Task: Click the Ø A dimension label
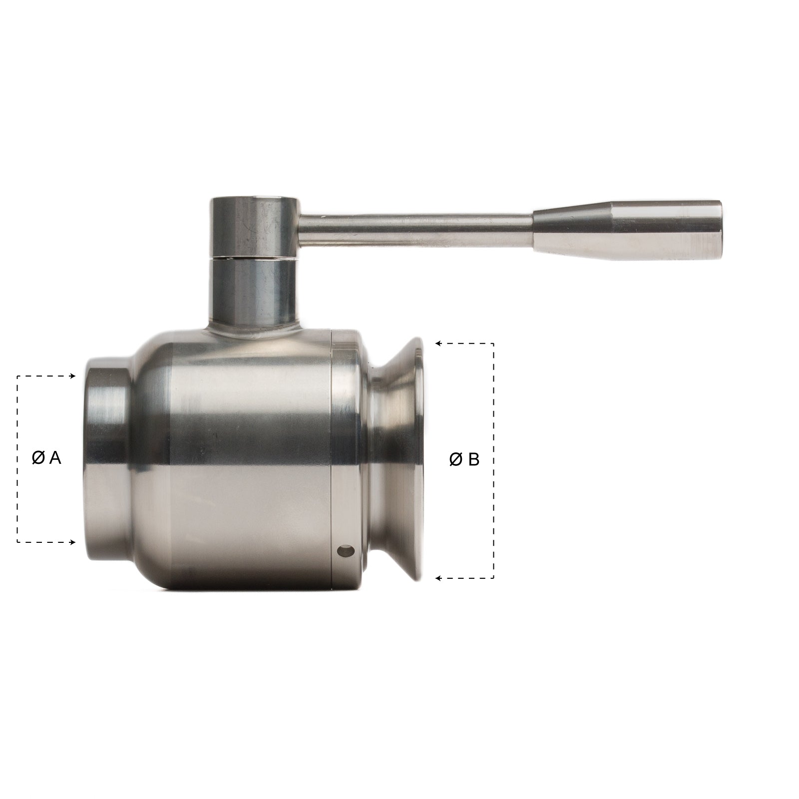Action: [46, 457]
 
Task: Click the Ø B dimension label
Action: [464, 459]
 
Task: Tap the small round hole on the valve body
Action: [345, 551]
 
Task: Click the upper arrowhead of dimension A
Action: [73, 376]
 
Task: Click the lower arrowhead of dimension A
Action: [73, 542]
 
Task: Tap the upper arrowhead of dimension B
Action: [438, 344]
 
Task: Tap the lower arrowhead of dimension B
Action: [438, 578]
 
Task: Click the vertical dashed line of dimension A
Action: [17, 424]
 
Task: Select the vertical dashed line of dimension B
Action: [494, 399]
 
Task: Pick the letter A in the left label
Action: [55, 457]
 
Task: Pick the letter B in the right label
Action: [473, 459]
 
